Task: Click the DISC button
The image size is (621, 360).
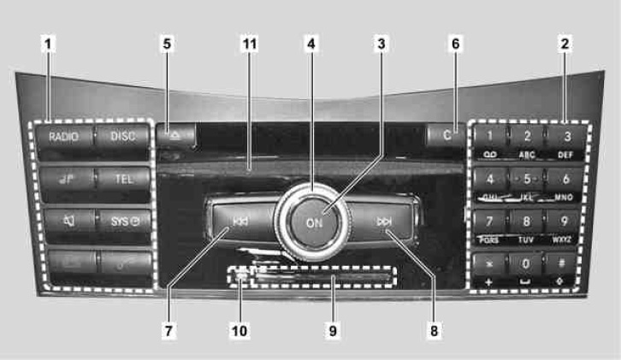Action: tap(122, 136)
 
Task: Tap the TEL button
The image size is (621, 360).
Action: tap(122, 178)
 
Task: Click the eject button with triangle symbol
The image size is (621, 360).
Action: tap(176, 133)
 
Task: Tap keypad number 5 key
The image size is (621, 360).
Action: tap(527, 179)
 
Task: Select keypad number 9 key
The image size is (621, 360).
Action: tap(564, 221)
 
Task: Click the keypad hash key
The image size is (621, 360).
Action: tap(564, 264)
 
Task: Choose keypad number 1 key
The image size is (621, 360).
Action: tap(490, 136)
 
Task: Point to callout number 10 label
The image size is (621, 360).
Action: tap(243, 329)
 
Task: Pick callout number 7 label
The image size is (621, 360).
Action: tap(170, 329)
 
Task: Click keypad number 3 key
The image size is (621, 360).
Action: tap(565, 136)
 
